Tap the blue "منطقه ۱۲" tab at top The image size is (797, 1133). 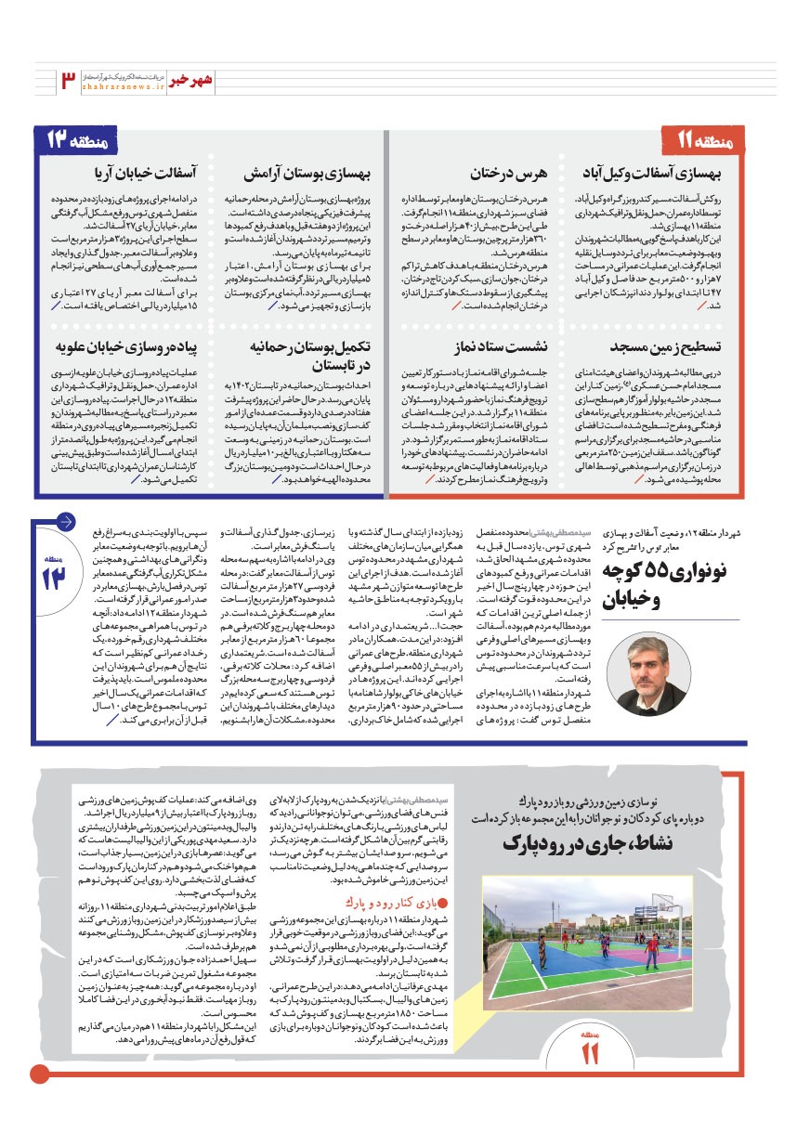click(83, 141)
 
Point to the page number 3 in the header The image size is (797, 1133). click(68, 79)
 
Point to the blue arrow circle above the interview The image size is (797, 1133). click(66, 521)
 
